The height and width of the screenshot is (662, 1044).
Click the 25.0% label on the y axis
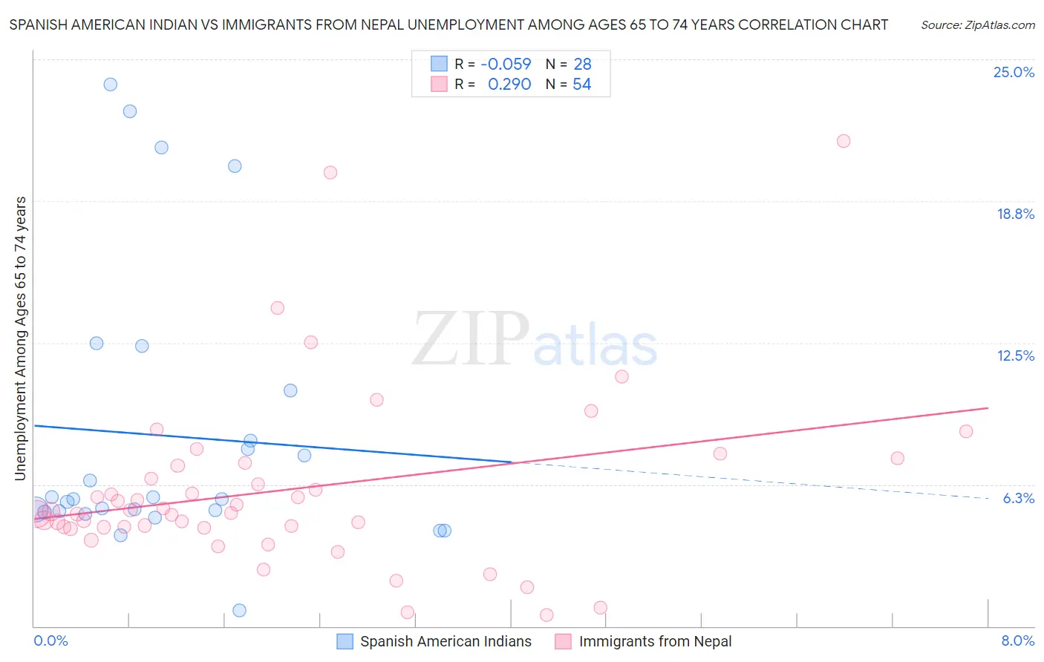pyautogui.click(x=1014, y=73)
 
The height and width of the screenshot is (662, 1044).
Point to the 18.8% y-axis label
pyautogui.click(x=1015, y=214)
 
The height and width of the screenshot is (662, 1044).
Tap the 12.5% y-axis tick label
pyautogui.click(x=1015, y=356)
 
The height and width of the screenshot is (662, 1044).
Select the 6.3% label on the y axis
pyautogui.click(x=1018, y=499)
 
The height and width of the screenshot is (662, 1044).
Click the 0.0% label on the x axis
pyautogui.click(x=50, y=641)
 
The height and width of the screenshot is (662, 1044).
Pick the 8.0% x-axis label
pyautogui.click(x=1017, y=641)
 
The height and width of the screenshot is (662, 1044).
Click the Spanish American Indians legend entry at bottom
pyautogui.click(x=445, y=642)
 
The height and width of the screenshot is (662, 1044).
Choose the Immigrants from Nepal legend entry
pyautogui.click(x=654, y=642)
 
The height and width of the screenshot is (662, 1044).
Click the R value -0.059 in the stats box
pyautogui.click(x=506, y=65)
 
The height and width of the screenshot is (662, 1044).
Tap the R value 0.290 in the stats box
pyautogui.click(x=509, y=85)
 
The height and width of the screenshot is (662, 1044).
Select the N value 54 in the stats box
pyautogui.click(x=581, y=85)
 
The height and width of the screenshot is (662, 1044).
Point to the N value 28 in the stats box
pyautogui.click(x=581, y=65)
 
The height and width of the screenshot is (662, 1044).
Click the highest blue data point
pyautogui.click(x=110, y=85)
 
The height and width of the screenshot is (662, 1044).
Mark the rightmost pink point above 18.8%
pyautogui.click(x=843, y=141)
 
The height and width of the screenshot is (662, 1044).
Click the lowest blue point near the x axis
pyautogui.click(x=239, y=610)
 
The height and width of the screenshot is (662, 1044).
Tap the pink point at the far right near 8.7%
pyautogui.click(x=965, y=431)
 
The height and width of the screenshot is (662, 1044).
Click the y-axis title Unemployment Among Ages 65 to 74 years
pyautogui.click(x=21, y=338)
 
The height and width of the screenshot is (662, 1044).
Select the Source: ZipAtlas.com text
pyautogui.click(x=977, y=25)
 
